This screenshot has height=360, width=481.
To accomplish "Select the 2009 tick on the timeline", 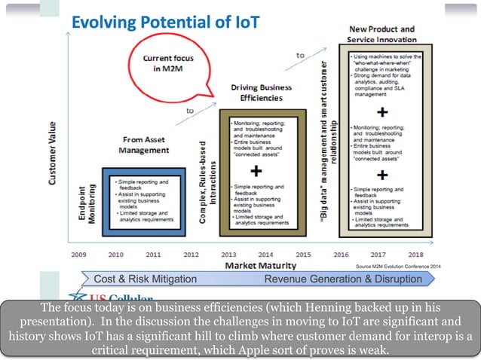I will pyautogui.click(x=79, y=255).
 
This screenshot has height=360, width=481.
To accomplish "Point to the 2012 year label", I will pyautogui.click(x=191, y=255).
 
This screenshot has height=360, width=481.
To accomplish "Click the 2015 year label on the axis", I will pyautogui.click(x=302, y=255).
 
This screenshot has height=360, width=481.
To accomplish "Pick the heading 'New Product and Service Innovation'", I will pyautogui.click(x=382, y=35).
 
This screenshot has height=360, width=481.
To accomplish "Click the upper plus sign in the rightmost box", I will pyautogui.click(x=382, y=112).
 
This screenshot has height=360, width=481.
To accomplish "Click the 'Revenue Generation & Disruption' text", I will pyautogui.click(x=344, y=279).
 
